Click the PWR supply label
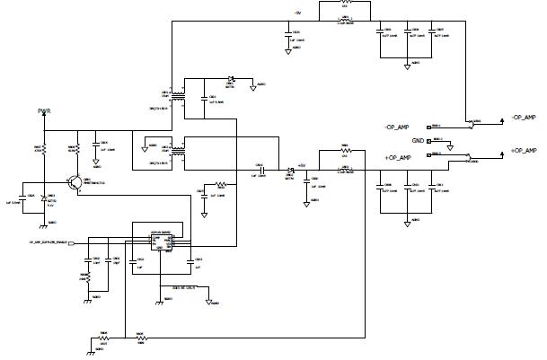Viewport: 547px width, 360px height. click(44, 111)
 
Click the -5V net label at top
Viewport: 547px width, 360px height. click(297, 13)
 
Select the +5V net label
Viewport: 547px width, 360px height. click(302, 164)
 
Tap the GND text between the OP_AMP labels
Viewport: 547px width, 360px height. click(418, 141)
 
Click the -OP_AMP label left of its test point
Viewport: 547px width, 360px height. click(396, 127)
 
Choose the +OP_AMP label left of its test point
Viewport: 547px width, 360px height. click(397, 158)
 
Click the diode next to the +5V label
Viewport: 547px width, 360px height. click(290, 171)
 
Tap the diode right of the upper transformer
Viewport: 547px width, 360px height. click(231, 78)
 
